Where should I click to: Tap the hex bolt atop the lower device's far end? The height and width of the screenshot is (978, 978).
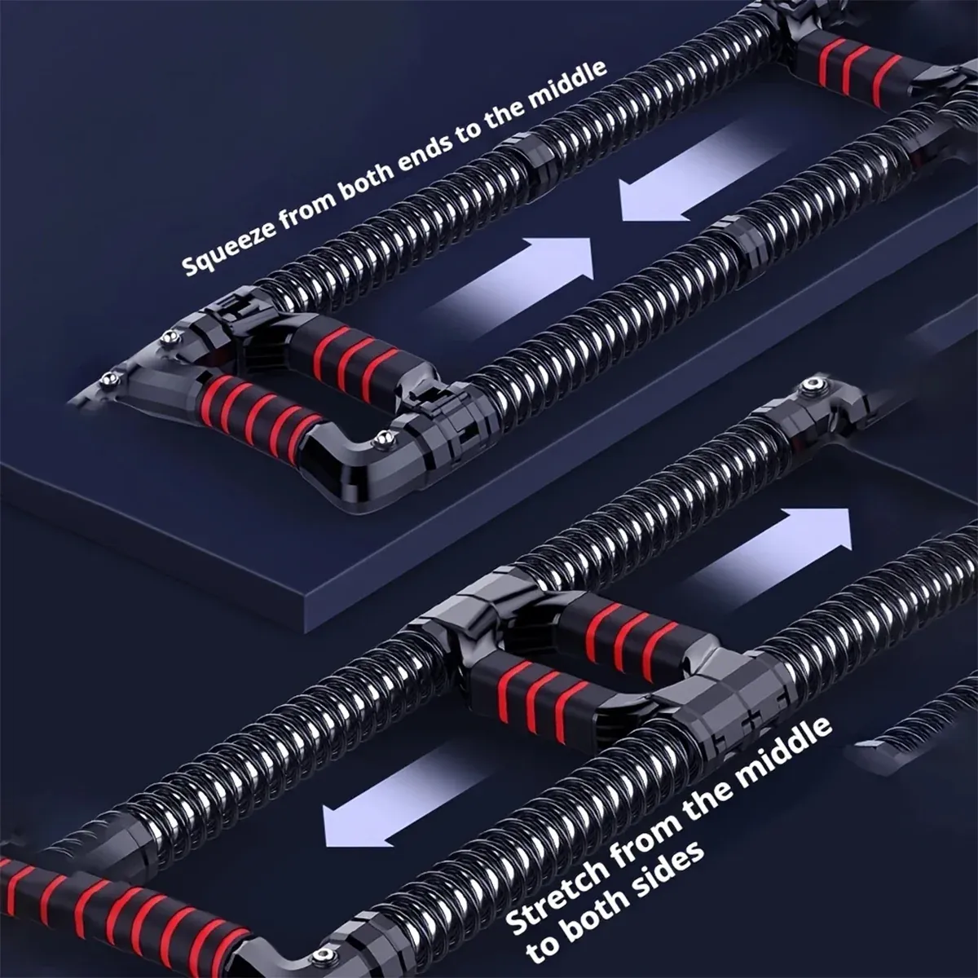(x=813, y=387)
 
